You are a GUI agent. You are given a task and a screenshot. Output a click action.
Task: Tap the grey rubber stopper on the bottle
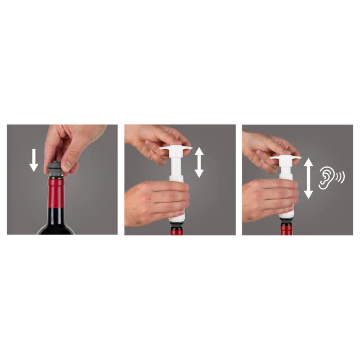point(55,169)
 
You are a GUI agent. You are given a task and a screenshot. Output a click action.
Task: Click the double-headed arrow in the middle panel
point(199,163)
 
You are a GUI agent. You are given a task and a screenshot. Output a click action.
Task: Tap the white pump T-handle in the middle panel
point(175,150)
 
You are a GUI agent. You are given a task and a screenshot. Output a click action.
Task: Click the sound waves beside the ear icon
point(340,178)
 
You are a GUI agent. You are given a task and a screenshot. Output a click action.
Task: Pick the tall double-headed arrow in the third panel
point(308,178)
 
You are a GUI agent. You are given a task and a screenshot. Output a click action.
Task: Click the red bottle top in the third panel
point(286,232)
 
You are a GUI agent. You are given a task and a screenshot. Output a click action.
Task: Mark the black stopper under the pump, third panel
point(286,223)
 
